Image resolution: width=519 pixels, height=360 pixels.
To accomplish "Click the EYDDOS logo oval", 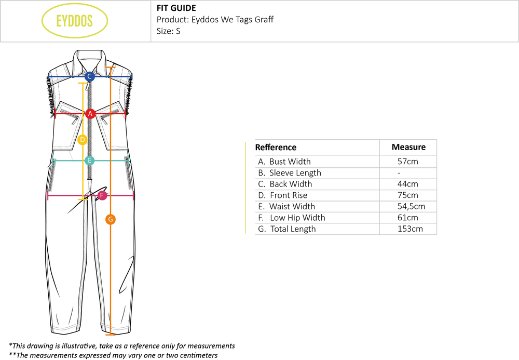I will (x=75, y=21).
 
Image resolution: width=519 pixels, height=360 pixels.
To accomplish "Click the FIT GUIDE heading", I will (x=176, y=8).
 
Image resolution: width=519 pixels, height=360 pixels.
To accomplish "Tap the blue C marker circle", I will (x=89, y=76).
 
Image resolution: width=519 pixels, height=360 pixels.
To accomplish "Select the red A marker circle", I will (x=90, y=113).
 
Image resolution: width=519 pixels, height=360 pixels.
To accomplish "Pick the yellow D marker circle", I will (x=82, y=140).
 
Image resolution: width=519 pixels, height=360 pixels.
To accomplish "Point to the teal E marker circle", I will (x=90, y=161).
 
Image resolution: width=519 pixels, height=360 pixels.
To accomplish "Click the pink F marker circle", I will (x=102, y=195).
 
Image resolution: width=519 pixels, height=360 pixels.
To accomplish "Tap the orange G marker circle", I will (x=110, y=219).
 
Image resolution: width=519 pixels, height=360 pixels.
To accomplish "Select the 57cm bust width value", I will (x=407, y=162).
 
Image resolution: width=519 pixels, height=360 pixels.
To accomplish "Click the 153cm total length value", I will (x=409, y=229).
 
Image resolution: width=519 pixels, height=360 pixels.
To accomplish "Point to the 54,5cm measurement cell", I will (x=411, y=206).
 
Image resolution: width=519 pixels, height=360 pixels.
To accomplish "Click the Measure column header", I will (x=408, y=147).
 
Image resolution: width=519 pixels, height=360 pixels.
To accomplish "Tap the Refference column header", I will (x=276, y=148).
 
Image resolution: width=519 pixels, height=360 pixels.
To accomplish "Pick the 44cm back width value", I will (x=407, y=184).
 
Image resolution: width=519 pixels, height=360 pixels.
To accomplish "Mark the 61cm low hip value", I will (x=407, y=218).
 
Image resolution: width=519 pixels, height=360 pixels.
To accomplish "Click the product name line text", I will (x=215, y=20).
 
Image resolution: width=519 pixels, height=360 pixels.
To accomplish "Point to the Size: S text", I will (x=168, y=31).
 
